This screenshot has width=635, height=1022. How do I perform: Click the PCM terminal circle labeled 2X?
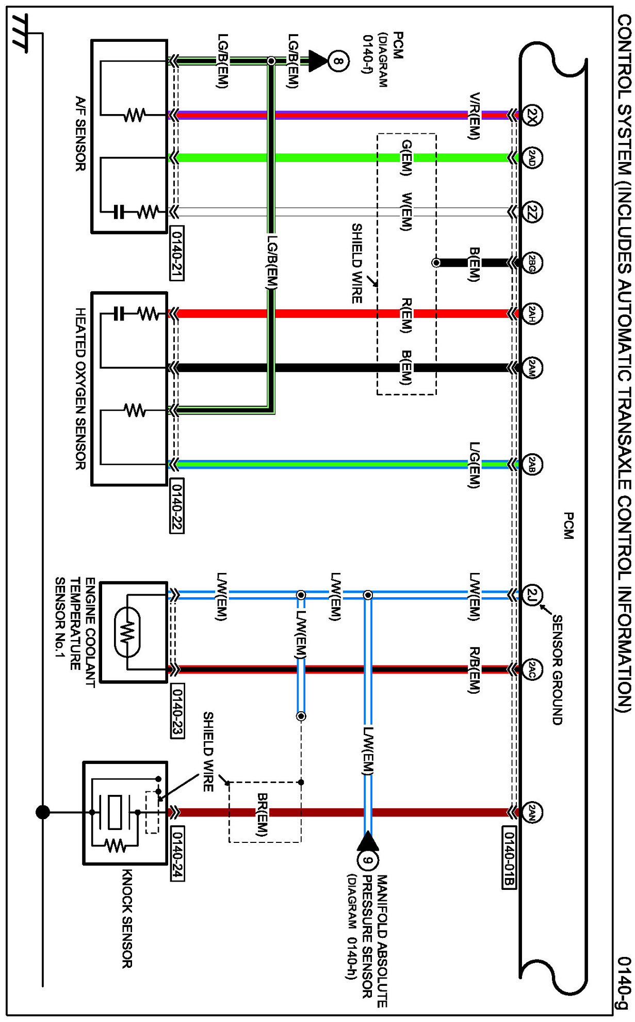point(532,115)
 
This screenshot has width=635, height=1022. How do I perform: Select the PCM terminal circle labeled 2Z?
point(532,212)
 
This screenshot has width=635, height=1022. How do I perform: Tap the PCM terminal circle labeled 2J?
point(532,595)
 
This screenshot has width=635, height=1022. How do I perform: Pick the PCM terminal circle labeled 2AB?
point(532,465)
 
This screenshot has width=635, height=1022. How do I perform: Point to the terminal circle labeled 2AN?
point(532,812)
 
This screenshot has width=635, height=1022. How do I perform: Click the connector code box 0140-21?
point(176,253)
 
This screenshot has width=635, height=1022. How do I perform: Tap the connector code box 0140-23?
point(176,710)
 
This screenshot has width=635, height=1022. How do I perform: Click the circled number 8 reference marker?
point(338,61)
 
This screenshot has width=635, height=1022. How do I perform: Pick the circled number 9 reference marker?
point(367,860)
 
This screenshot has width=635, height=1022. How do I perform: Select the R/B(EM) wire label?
point(474,670)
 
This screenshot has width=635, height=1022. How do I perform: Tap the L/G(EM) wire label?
point(474,465)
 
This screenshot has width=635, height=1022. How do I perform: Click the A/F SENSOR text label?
point(80,134)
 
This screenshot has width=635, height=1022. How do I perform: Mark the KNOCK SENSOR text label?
point(127,919)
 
